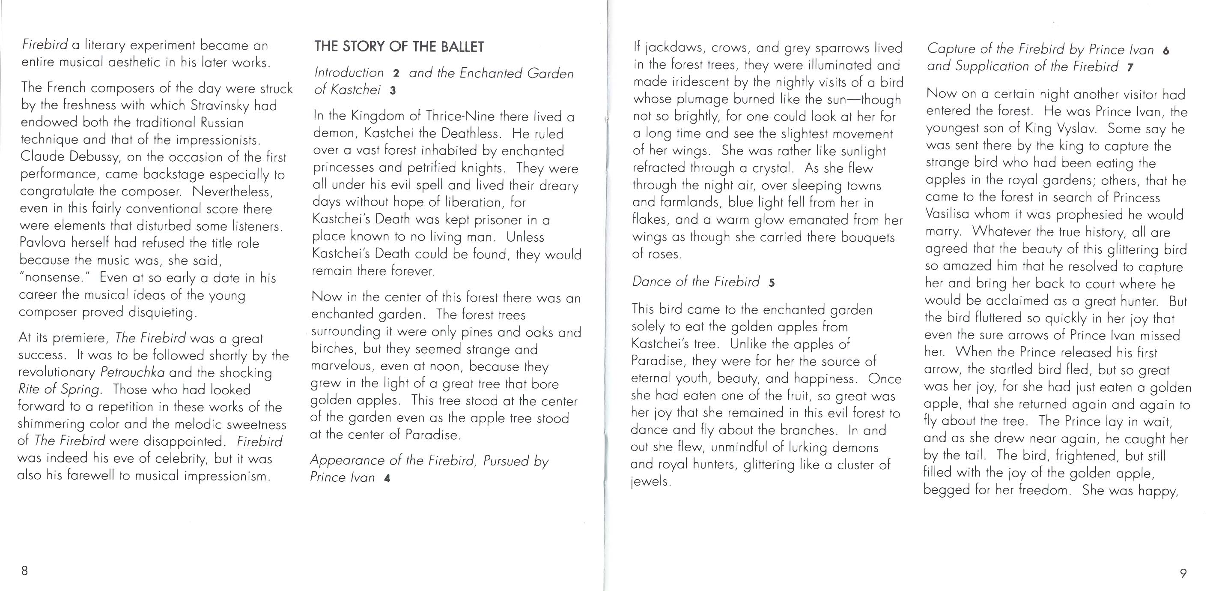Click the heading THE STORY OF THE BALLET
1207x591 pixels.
pos(399,46)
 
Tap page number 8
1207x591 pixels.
pos(24,570)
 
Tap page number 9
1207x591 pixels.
pos(1183,573)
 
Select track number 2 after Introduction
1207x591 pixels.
pos(396,74)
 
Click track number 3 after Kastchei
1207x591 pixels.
pos(393,90)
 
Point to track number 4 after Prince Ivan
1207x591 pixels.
pos(387,478)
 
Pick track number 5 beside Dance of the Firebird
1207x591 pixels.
pos(771,283)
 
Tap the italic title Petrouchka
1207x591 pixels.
pos(133,372)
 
